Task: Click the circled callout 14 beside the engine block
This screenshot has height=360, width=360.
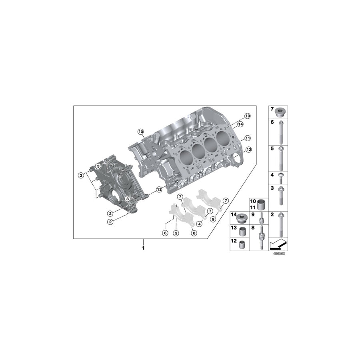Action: click(240, 124)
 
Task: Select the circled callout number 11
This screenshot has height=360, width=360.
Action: click(248, 138)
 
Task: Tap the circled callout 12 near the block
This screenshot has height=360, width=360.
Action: click(248, 150)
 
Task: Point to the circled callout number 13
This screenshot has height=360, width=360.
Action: click(159, 189)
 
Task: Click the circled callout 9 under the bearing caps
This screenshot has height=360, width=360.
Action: click(212, 219)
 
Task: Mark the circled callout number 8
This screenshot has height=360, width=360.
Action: click(194, 233)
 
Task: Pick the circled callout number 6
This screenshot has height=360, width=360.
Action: click(164, 233)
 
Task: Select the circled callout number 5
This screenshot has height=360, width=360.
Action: click(175, 233)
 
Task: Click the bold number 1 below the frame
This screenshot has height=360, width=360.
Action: click(143, 248)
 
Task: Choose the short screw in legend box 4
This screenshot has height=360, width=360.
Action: click(280, 178)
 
